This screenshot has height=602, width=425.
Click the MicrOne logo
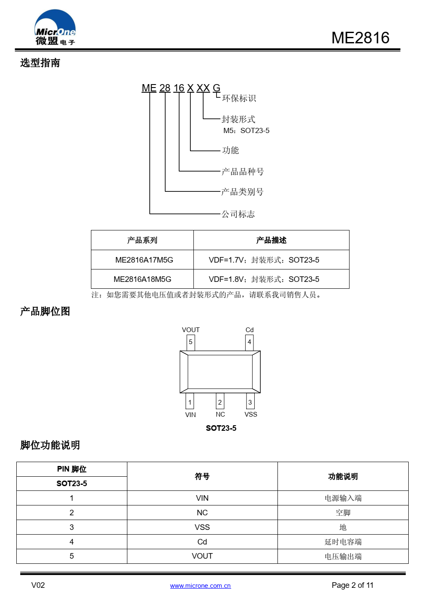coord(55,27)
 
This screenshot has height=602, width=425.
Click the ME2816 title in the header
coord(360,38)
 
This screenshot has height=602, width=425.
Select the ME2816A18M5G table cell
coord(142,279)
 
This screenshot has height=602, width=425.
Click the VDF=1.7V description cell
coord(271,260)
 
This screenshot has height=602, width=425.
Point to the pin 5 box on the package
coord(191,342)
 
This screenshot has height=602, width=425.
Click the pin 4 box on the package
coord(249,342)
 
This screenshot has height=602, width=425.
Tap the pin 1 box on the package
coord(190,401)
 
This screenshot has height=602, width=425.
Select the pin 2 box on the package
coord(220,401)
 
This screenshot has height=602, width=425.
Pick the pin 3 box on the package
coord(250,401)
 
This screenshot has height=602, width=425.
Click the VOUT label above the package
coord(191,330)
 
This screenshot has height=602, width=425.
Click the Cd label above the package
coord(249,330)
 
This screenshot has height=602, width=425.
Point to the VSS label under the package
coord(250,414)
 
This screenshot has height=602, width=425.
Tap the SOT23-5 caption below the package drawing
coord(221,428)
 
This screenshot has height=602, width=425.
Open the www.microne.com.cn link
coord(200,586)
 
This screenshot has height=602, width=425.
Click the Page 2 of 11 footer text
coord(353,585)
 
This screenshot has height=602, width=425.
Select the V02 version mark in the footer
coord(38,585)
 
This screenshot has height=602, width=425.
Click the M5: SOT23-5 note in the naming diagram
coord(246,130)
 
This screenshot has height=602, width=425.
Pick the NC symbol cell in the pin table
coord(202,512)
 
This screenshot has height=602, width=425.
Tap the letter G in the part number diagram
coord(217,88)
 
